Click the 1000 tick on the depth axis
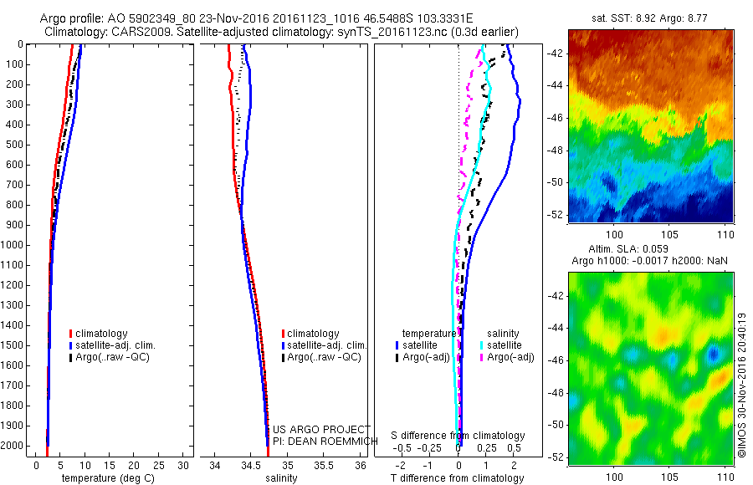click(x=14, y=245)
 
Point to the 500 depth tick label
click(x=14, y=145)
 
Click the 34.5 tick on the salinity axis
click(x=252, y=465)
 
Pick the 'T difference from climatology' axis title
click(x=459, y=478)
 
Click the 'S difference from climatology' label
click(x=458, y=436)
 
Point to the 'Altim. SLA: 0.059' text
click(x=637, y=250)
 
